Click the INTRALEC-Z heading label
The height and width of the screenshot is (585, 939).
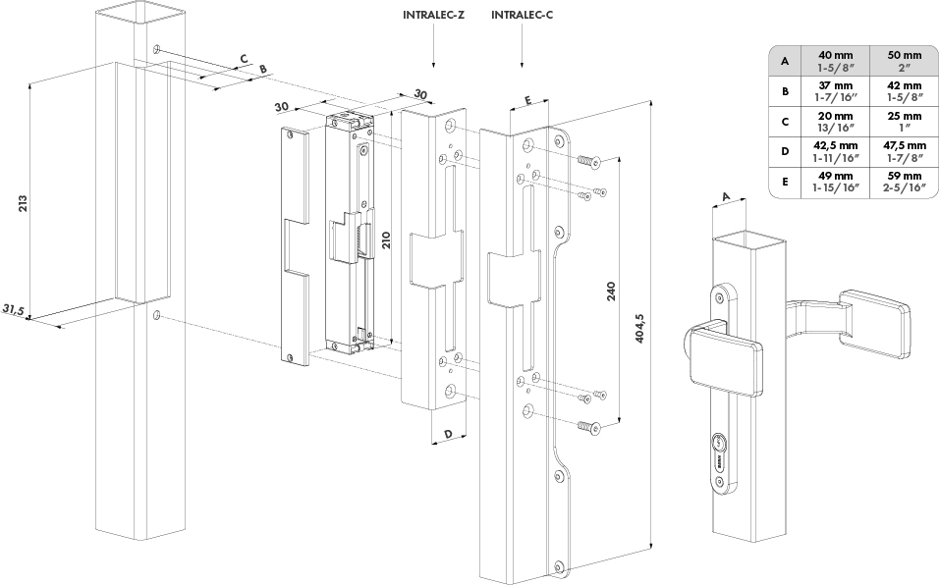click(x=434, y=16)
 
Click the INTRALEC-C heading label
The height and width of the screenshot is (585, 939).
click(x=522, y=16)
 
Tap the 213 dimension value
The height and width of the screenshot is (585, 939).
click(x=23, y=203)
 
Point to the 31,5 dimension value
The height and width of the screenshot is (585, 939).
click(x=13, y=310)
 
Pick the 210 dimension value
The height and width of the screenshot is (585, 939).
click(x=388, y=241)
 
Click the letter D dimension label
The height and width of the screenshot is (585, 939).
click(x=447, y=434)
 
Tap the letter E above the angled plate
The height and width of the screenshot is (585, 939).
click(x=527, y=101)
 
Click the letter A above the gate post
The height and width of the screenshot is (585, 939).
click(x=726, y=196)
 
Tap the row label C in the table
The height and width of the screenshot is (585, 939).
click(x=785, y=122)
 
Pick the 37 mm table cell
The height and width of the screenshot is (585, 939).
click(x=836, y=90)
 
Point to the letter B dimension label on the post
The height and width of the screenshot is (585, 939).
click(x=261, y=69)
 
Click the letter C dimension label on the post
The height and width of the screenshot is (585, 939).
click(x=243, y=58)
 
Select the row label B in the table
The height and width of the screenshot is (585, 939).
click(x=785, y=91)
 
